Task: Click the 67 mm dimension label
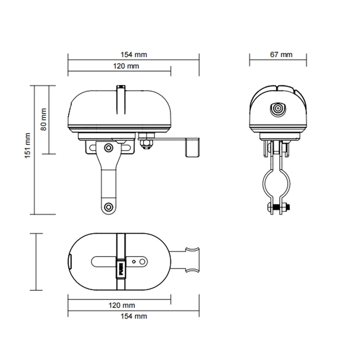[x=281, y=54]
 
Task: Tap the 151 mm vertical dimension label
[x=27, y=145]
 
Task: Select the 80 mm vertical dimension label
[x=43, y=119]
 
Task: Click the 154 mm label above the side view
[x=134, y=54]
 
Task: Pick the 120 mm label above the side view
[x=126, y=66]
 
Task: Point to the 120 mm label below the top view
[x=121, y=306]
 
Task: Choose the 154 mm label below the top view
[x=134, y=316]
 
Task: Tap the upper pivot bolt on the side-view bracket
[x=108, y=148]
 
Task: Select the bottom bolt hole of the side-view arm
[x=108, y=207]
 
